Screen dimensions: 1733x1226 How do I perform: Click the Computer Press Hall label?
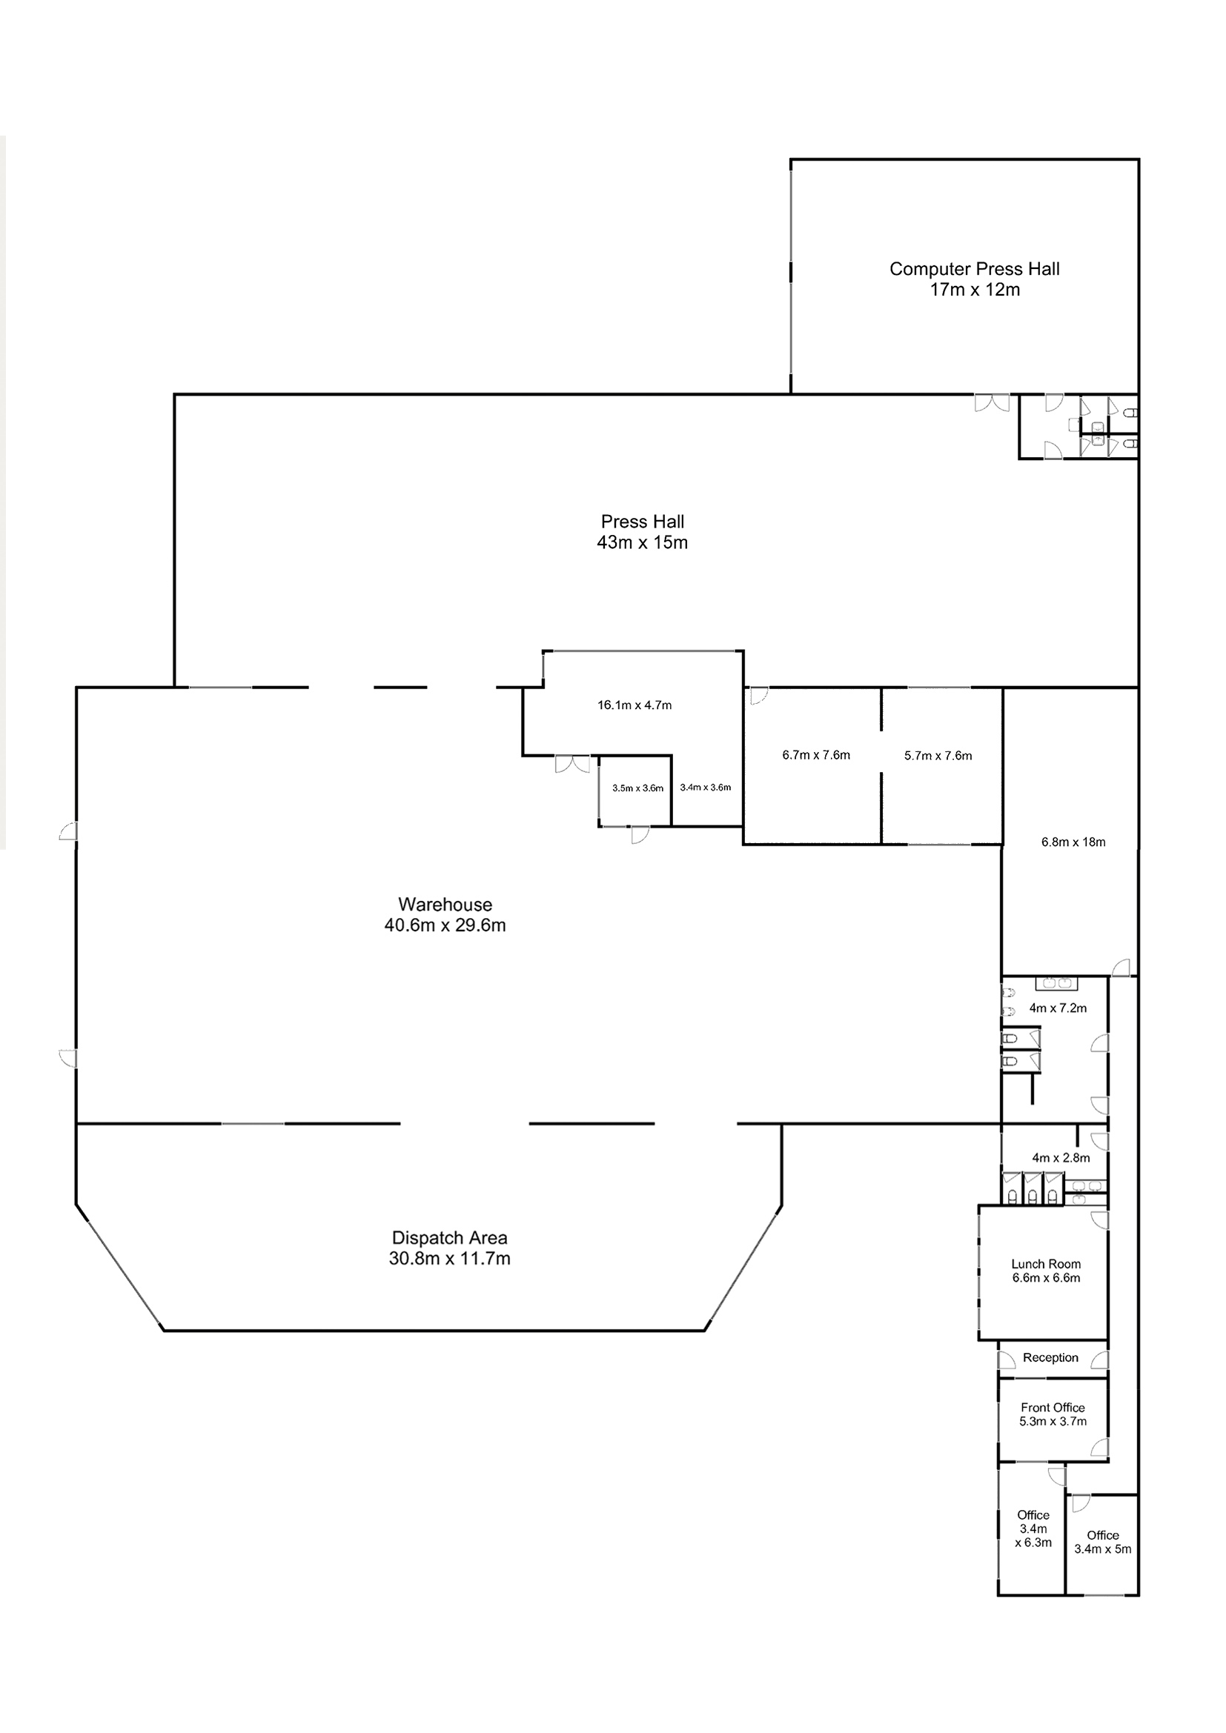point(974,270)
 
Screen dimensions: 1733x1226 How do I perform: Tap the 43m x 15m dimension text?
point(642,542)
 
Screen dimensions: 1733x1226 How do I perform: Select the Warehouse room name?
point(445,904)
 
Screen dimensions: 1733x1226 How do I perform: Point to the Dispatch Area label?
point(449,1238)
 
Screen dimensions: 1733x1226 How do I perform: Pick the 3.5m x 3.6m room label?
point(637,788)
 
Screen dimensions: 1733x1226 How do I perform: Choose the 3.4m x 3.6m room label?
point(705,788)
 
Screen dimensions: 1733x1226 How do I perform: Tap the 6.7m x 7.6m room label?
point(815,755)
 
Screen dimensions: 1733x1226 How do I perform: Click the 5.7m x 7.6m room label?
point(938,756)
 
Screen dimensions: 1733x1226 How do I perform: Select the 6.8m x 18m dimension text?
point(1073,842)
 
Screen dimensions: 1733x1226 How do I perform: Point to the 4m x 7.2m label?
point(1058,1008)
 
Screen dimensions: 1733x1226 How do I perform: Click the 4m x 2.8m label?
point(1061,1158)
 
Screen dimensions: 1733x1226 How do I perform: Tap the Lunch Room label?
point(1046,1263)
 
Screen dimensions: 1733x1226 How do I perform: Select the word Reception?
point(1050,1358)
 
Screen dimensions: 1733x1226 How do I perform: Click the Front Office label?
point(1053,1408)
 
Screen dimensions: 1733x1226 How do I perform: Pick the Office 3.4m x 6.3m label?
point(1033,1529)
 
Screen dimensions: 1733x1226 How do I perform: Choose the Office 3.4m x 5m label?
point(1102,1542)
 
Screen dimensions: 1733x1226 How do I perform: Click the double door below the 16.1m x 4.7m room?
point(572,764)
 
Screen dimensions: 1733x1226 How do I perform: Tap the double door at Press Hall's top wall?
point(991,403)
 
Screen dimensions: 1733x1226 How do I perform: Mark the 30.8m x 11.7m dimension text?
point(449,1258)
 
